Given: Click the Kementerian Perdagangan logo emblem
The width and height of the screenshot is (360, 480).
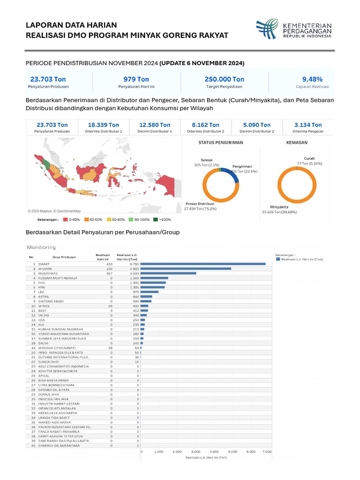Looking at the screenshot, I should [267, 29].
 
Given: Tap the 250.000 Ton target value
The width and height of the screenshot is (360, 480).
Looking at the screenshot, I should [224, 79].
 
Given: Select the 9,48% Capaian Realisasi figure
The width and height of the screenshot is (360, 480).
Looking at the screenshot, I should [312, 79].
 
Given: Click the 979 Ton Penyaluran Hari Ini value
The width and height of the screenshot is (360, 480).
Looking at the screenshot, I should [136, 79].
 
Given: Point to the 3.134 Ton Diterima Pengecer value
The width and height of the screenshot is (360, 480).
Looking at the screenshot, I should [307, 125].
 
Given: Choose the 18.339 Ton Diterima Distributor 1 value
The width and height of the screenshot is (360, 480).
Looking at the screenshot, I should [104, 125].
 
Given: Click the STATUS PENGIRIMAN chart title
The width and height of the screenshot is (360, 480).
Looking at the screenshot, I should [221, 142].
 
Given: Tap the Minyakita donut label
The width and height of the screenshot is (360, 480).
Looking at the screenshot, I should [279, 207].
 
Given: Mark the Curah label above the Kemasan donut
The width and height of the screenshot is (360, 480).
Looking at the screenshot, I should [309, 158].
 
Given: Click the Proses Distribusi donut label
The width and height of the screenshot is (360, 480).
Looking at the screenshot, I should [200, 204].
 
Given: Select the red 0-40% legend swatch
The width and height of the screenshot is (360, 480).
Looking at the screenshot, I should [65, 219].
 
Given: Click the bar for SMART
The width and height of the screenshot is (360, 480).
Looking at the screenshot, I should [203, 264].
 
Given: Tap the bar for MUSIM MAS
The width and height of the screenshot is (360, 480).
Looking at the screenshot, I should [168, 273].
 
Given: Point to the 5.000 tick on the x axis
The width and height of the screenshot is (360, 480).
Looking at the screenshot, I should [232, 451].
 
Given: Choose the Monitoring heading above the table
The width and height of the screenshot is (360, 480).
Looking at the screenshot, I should [41, 247].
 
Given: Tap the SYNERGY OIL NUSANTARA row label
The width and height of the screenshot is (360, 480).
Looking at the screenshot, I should [59, 445].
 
